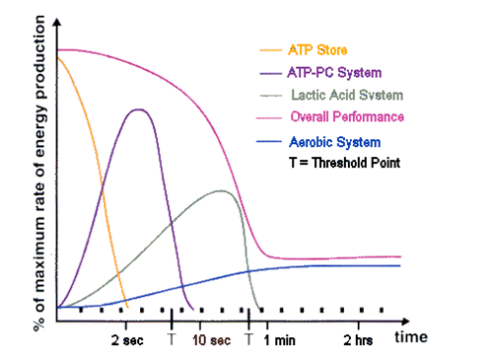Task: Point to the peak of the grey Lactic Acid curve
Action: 220,190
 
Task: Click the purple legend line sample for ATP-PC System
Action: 268,73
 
